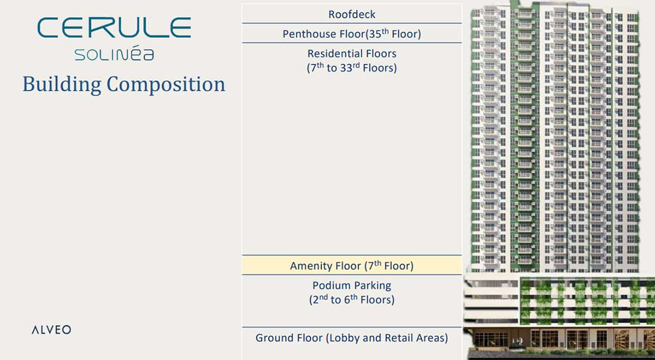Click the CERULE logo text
pos(114,28)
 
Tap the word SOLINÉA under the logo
pos(114,54)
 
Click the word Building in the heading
pos(62,84)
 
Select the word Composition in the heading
pos(166,84)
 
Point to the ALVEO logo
pos(51,330)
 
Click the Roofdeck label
pos(352,14)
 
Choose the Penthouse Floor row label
pos(352,34)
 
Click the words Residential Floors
pos(352,54)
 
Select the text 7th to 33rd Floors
pos(352,68)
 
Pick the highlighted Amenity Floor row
pos(352,265)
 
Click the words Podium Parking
pos(352,286)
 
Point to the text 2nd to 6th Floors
pos(352,300)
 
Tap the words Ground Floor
pos(289,338)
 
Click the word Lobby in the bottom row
pos(345,338)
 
